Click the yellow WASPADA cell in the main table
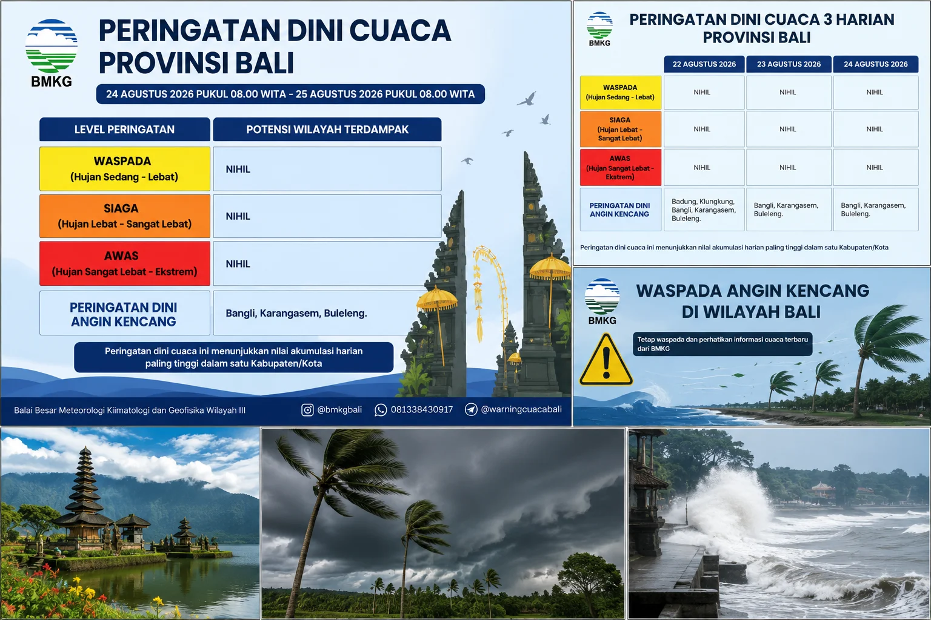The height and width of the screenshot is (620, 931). (x=125, y=168)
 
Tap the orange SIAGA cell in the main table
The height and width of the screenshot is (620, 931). (x=125, y=216)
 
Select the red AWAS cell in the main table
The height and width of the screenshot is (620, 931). (x=125, y=264)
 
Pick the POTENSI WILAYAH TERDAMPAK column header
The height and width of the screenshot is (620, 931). (x=327, y=130)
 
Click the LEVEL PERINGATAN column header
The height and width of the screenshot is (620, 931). (x=125, y=130)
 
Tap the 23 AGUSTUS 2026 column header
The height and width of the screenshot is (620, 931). (x=789, y=64)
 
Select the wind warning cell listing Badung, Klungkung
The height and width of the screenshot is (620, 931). (x=704, y=209)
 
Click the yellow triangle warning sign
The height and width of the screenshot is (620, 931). (x=606, y=360)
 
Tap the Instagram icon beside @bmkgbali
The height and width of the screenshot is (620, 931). (x=307, y=410)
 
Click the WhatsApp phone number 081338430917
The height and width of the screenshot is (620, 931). (x=421, y=410)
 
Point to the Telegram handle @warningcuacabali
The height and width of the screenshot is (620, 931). (x=521, y=409)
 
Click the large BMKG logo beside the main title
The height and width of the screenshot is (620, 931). (x=52, y=53)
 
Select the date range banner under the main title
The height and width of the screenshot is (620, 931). (x=290, y=94)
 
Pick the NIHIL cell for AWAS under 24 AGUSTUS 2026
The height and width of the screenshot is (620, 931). (x=875, y=167)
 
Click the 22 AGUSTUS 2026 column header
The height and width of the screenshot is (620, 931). (x=704, y=64)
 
